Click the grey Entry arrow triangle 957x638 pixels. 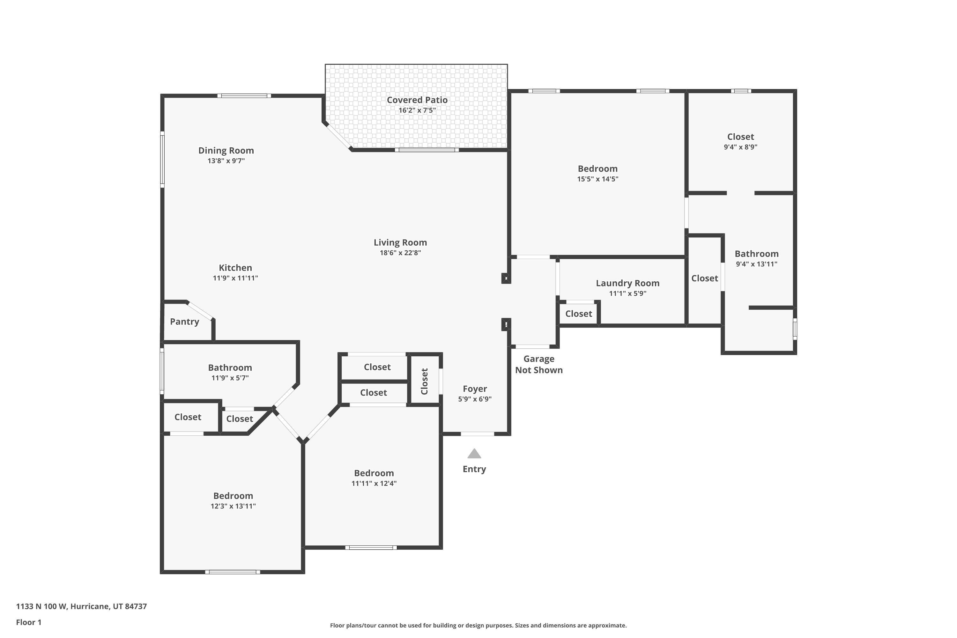coord(474,454)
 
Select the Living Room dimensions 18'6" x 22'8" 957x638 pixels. coord(400,253)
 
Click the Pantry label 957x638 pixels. coord(184,322)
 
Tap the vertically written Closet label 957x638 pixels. coord(424,381)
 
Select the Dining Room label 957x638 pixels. coord(226,151)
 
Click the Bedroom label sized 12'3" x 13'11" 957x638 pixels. coord(233,496)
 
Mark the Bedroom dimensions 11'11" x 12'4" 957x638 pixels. coord(374,483)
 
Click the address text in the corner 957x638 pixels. coord(81,606)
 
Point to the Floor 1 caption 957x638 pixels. coord(28,622)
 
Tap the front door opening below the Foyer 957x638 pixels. coord(477,434)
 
